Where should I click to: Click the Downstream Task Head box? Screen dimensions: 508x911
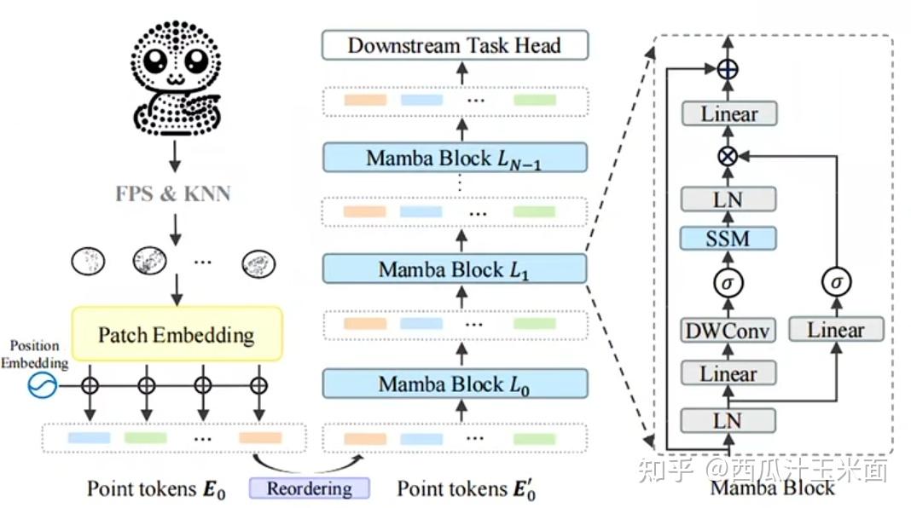click(455, 45)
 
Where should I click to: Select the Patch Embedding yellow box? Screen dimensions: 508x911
click(177, 335)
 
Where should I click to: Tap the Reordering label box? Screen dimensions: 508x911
click(309, 488)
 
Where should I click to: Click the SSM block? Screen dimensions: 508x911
click(728, 239)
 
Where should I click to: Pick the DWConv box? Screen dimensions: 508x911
click(728, 331)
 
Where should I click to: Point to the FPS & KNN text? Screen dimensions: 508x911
click(174, 193)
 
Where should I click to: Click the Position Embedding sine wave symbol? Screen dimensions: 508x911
click(41, 386)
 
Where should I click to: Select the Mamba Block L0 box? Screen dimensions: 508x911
click(455, 384)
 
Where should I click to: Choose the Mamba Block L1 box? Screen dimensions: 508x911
click(455, 270)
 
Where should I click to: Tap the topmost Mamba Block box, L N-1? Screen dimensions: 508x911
click(455, 158)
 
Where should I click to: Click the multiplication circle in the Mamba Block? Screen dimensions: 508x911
click(728, 157)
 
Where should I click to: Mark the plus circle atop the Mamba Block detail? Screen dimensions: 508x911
click(727, 72)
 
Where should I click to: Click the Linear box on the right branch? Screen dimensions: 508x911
click(836, 330)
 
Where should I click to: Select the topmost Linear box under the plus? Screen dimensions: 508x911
click(728, 114)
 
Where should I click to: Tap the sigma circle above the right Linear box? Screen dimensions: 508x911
click(836, 281)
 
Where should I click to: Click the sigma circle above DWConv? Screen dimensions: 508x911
click(728, 281)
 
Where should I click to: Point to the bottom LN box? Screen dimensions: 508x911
click(728, 420)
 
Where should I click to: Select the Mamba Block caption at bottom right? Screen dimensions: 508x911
click(772, 489)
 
